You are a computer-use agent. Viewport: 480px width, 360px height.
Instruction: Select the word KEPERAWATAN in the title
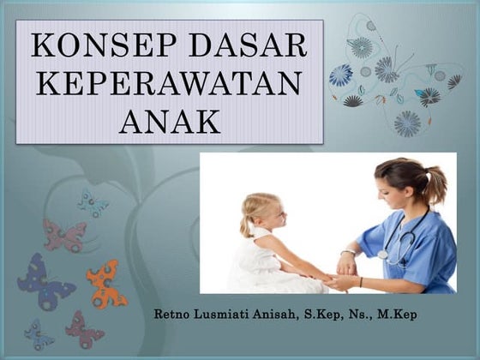[170, 84]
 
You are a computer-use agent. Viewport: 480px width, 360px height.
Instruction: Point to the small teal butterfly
[93, 202]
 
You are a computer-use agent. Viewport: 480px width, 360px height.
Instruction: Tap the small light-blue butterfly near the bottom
[38, 333]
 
